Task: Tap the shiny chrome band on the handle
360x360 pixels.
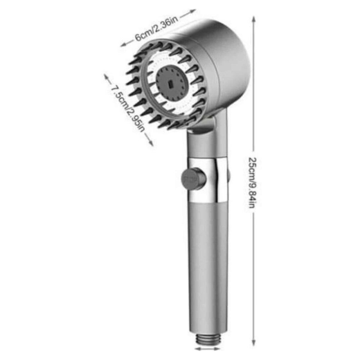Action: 208,180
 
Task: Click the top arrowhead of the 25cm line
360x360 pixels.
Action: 254,19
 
